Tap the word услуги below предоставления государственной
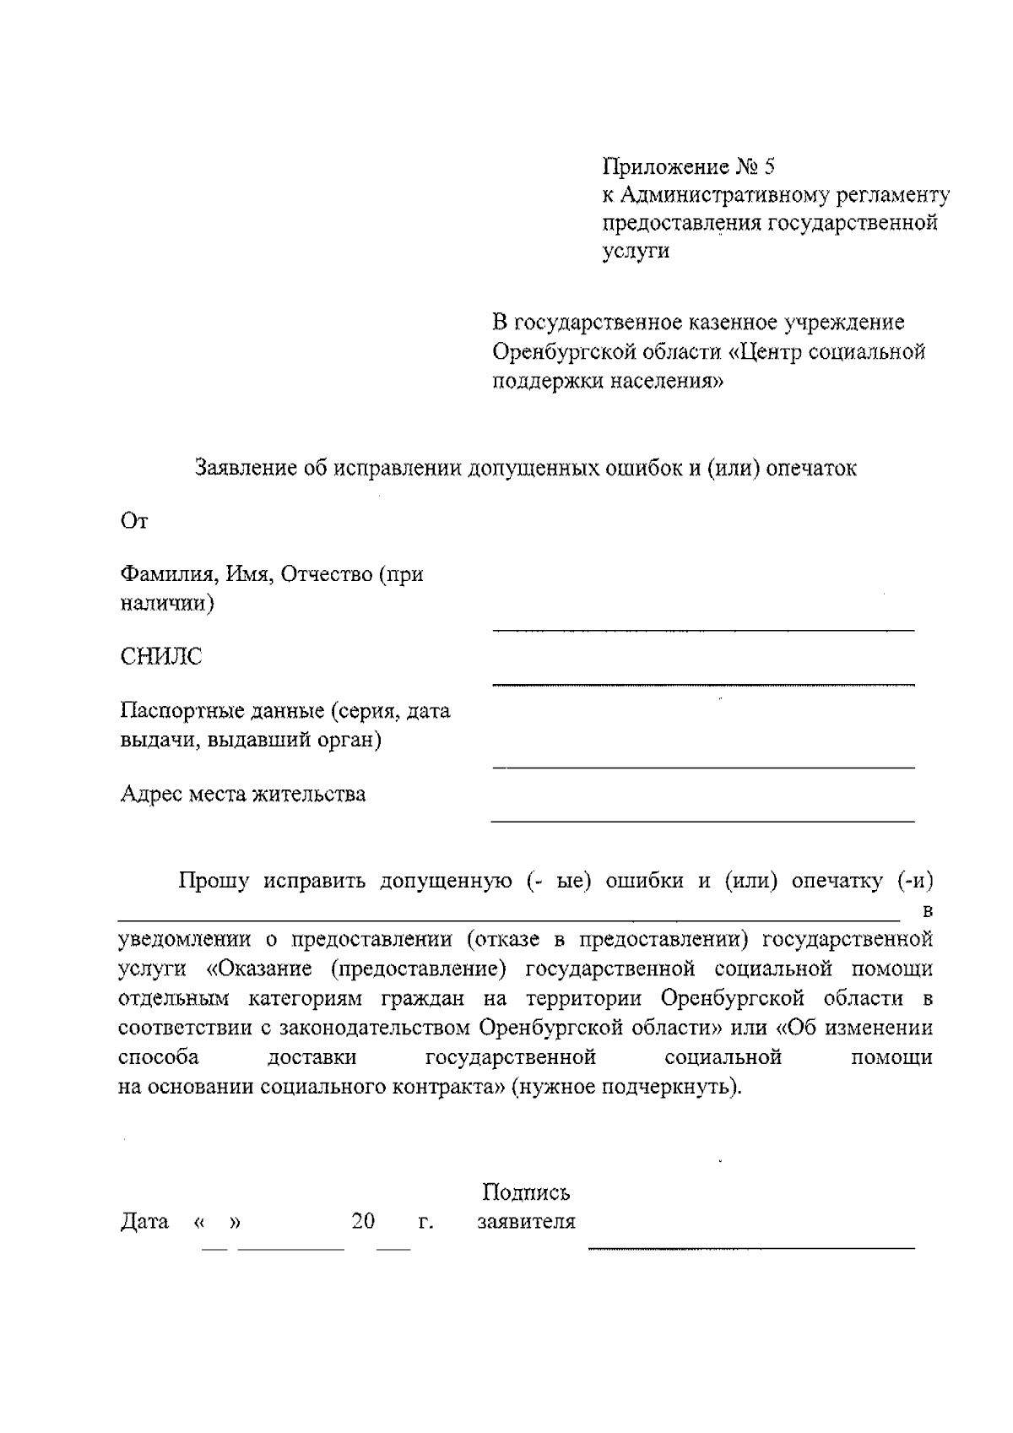point(636,252)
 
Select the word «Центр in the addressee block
point(764,351)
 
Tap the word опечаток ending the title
point(811,468)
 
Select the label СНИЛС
point(161,657)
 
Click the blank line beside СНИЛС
point(703,682)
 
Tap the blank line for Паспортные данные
point(703,767)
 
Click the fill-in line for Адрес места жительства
point(703,820)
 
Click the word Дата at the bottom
point(144,1221)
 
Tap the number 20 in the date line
point(363,1221)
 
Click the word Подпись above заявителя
point(526,1192)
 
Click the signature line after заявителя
point(751,1246)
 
